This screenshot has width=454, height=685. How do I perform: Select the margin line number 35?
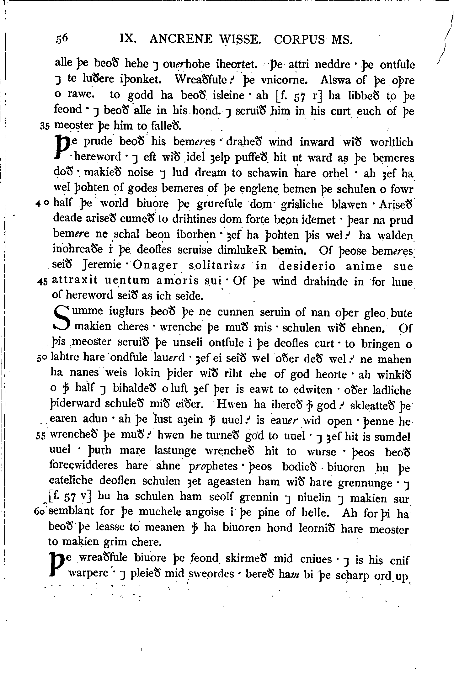45,126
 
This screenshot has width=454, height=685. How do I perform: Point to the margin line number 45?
42,281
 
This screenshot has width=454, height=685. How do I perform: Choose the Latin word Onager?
155,266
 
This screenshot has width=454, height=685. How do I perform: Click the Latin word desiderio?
307,266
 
